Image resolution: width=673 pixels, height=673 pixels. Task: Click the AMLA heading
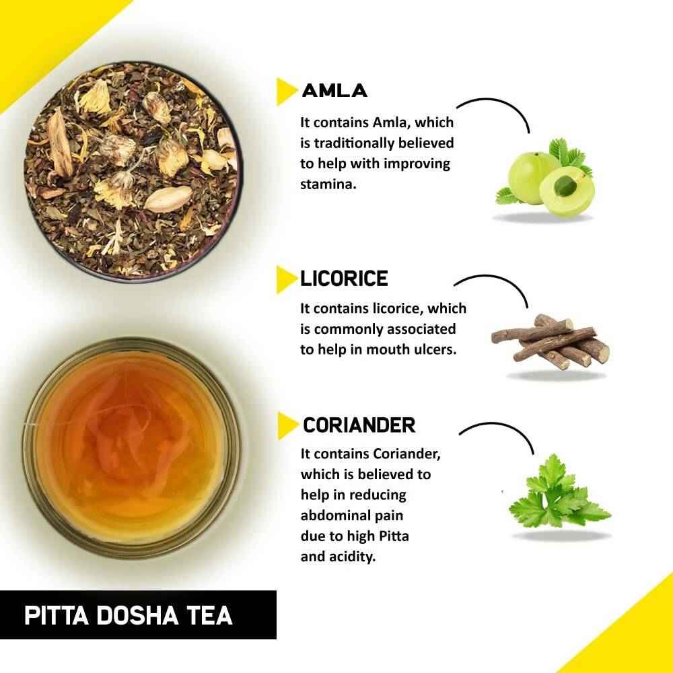coord(334,91)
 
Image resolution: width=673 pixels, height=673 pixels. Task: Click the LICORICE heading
coord(344,279)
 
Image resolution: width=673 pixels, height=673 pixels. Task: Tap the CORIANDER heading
coord(359,425)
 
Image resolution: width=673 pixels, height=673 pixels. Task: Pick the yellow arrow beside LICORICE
coord(286,279)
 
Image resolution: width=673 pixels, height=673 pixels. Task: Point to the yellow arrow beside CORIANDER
coord(287,426)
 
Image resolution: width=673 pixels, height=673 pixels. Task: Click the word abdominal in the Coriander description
coord(334,516)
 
